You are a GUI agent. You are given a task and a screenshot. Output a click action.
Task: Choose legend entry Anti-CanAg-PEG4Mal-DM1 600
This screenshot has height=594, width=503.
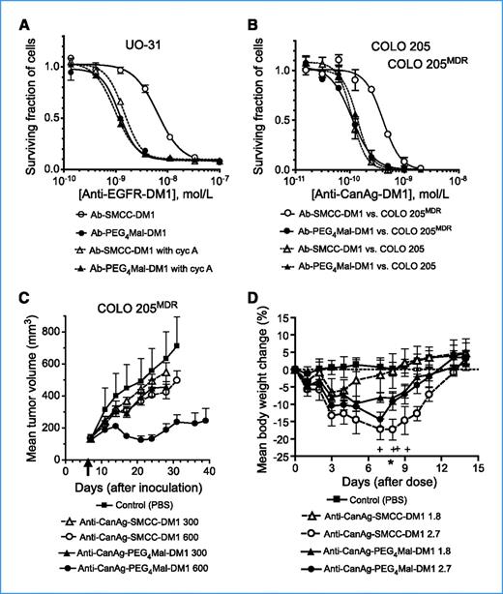click(150, 577)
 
